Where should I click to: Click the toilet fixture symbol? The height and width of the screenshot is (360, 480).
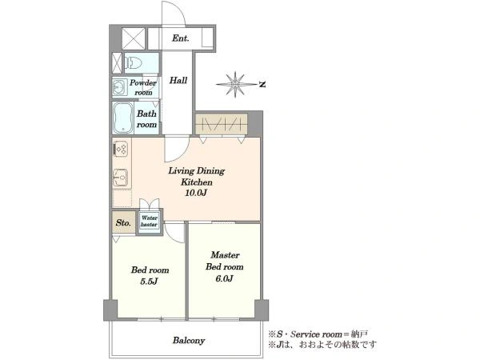(134, 63)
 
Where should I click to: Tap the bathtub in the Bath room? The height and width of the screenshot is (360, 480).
(123, 118)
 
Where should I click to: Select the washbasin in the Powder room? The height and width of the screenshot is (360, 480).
(118, 87)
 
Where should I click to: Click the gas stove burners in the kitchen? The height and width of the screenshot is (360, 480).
(121, 149)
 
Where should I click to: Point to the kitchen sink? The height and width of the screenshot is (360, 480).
(121, 178)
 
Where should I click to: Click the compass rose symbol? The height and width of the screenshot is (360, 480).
(235, 84)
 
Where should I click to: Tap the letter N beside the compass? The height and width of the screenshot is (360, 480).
(262, 84)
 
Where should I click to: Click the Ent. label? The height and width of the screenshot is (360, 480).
(180, 38)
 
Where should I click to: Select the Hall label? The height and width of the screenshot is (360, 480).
(178, 80)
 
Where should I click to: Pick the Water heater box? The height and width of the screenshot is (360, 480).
(149, 221)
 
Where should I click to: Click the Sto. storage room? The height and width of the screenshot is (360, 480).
(123, 222)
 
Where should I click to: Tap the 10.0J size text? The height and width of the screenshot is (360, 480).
(196, 193)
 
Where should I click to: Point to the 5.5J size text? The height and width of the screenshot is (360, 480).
(149, 281)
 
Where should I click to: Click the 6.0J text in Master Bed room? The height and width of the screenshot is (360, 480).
(224, 278)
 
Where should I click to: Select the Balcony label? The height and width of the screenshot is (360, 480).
(189, 341)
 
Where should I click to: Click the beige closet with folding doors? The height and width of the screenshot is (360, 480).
(222, 124)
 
